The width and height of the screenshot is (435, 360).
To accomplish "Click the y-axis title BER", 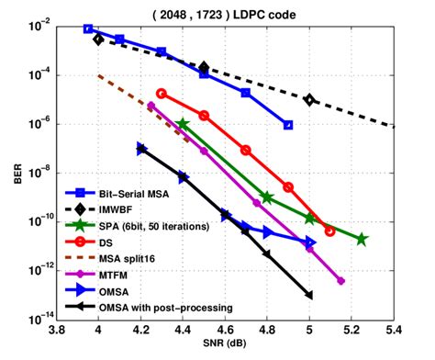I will click(x=17, y=173).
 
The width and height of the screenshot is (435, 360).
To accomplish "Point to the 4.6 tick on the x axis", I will click(x=224, y=326).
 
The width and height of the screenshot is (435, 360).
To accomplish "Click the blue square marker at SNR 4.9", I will click(x=288, y=125).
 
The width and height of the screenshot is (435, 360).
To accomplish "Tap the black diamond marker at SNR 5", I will click(x=309, y=99).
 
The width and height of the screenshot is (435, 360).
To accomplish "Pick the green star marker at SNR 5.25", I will click(x=362, y=239).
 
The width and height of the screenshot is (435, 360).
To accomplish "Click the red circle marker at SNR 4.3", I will click(x=162, y=94).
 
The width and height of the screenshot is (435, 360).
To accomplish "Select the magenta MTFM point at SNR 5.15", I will click(x=341, y=281).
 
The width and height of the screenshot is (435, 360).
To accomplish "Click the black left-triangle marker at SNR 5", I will click(x=309, y=295).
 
